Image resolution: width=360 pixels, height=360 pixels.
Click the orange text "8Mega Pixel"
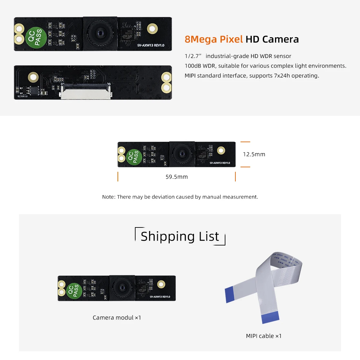pyautogui.click(x=213, y=39)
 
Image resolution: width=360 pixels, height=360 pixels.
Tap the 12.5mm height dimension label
pyautogui.click(x=254, y=154)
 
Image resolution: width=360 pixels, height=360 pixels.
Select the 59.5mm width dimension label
pyautogui.click(x=176, y=177)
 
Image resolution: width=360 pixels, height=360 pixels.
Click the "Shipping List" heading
pyautogui.click(x=180, y=236)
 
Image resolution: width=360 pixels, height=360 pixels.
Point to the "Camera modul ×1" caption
pyautogui.click(x=117, y=318)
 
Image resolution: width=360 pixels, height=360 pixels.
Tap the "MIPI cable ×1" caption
pyautogui.click(x=263, y=336)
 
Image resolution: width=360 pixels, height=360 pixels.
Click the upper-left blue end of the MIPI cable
pyautogui.click(x=232, y=295)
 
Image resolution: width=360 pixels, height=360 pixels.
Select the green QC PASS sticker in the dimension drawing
pyautogui.click(x=133, y=157)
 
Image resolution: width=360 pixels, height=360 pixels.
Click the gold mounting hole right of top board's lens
pyautogui.click(x=152, y=29)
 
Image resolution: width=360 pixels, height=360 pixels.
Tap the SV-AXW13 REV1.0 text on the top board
pyautogui.click(x=150, y=45)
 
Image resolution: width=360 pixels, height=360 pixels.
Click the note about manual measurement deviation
pyautogui.click(x=180, y=197)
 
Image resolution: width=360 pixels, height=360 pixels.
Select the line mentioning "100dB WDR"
pyautogui.click(x=265, y=66)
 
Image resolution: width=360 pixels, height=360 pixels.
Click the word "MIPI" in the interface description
pyautogui.click(x=190, y=76)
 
